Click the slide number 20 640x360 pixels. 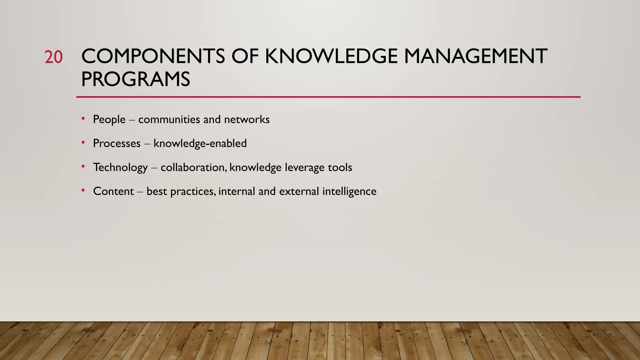pos(53,57)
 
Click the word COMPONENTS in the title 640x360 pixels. pos(153,57)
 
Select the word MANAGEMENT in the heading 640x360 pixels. pos(475,57)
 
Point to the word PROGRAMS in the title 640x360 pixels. pos(136,79)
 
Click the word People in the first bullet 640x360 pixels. pos(109,120)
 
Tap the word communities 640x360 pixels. pos(169,119)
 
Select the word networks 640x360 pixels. pos(247,119)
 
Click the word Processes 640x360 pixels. pos(117,143)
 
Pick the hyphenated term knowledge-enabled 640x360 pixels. pos(200,143)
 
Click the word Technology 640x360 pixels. pos(120,168)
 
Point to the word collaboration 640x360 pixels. pos(193,167)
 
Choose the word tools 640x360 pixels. pos(340,167)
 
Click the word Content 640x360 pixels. pos(113,191)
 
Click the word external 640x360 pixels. pos(299,191)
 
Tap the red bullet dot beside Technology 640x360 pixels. pos(83,167)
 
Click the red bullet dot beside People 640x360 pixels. pos(83,118)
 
